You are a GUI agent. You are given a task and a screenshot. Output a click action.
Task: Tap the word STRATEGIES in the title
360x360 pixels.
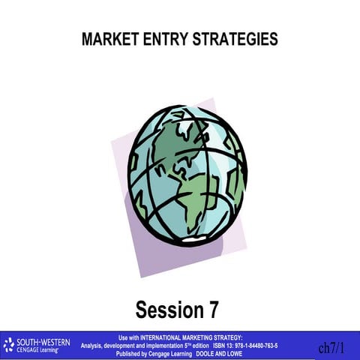232,40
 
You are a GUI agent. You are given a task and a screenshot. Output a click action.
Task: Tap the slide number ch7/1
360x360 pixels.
331,348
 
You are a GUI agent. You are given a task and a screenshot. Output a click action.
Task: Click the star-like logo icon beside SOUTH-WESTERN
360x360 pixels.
9,346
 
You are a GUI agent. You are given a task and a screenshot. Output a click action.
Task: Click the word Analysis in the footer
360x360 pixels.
94,345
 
